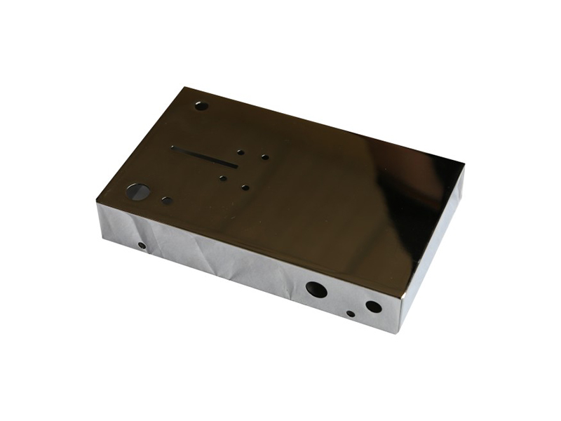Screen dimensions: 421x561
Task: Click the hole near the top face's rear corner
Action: click(201, 107)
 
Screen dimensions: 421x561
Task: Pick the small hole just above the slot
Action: click(240, 151)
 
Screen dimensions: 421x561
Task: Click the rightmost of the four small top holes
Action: click(264, 156)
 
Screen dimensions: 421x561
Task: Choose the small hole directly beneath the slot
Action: click(222, 178)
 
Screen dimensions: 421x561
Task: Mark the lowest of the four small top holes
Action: click(245, 187)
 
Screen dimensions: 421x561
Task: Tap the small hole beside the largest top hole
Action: click(166, 200)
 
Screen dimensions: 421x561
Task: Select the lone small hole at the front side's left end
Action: click(142, 246)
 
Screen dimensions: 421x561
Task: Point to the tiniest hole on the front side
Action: click(350, 313)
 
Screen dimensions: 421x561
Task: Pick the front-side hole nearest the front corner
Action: click(374, 307)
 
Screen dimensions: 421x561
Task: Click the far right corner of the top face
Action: click(464, 166)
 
